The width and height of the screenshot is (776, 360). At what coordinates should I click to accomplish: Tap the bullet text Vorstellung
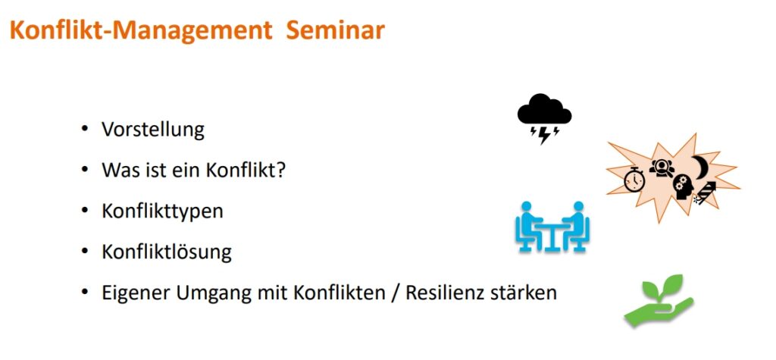153,130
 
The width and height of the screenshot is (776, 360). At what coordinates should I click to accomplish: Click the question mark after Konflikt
282,171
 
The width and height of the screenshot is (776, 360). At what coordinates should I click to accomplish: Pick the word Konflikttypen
162,211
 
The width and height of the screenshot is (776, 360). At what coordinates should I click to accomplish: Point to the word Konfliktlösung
166,252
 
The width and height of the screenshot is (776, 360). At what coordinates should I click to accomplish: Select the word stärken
524,293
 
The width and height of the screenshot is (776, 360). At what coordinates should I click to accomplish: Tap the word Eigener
135,293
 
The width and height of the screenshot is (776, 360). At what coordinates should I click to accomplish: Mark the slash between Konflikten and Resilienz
396,293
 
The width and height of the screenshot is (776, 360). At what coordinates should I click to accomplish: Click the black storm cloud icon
544,119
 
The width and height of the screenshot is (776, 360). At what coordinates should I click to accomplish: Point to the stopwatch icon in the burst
634,180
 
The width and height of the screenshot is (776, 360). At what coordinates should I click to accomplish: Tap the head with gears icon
683,187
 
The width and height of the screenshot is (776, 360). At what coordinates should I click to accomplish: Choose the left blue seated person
528,226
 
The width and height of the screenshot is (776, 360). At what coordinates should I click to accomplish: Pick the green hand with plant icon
659,301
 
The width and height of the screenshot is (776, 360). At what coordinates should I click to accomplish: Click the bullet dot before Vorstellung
85,130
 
